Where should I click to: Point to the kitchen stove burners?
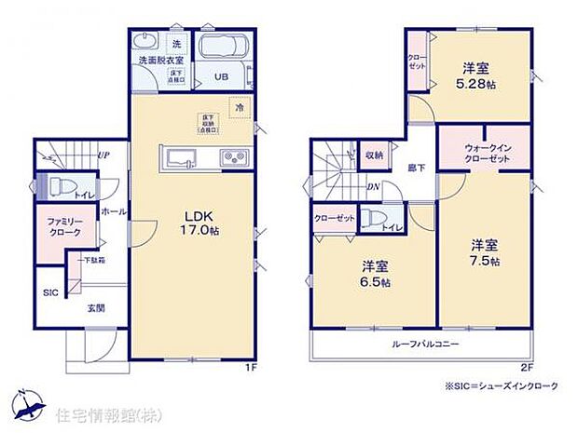231,157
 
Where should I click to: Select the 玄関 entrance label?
97,306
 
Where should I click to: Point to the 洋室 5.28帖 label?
475,74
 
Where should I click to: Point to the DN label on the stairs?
372,185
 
